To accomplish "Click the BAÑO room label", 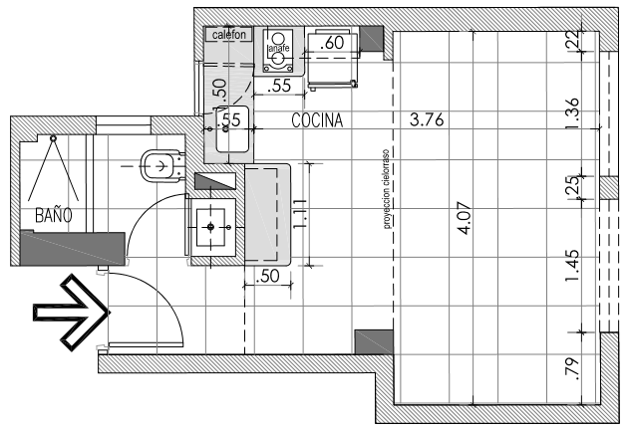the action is [x=54, y=215].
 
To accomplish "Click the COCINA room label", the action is [x=317, y=120].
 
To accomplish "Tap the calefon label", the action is [x=228, y=35].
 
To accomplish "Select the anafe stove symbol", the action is [x=277, y=50].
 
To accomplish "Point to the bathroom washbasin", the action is [x=211, y=227].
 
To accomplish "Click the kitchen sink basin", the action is [x=232, y=129].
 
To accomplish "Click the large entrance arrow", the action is [x=71, y=313].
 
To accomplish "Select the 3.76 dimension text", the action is [x=427, y=119].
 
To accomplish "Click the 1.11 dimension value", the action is [x=299, y=214].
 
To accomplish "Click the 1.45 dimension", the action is [x=572, y=266].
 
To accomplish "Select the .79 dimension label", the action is [x=572, y=368].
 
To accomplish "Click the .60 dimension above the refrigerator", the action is [x=332, y=43].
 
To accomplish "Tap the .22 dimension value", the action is [x=574, y=40].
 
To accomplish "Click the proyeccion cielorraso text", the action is [x=387, y=189].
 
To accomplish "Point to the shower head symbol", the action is [x=53, y=137].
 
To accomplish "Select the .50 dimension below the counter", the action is [x=267, y=276].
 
